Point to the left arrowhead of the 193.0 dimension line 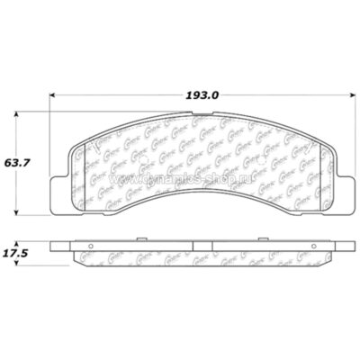(53, 98)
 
